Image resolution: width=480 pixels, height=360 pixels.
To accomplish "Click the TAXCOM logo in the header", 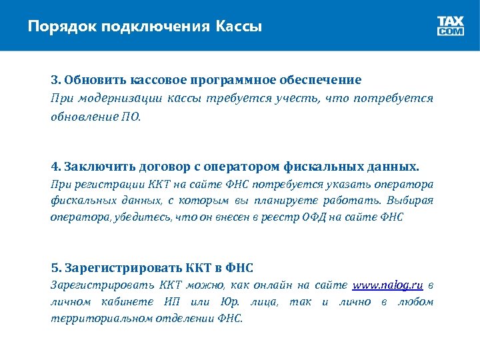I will pos(451,26).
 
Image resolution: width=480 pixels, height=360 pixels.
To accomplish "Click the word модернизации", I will pos(112,99).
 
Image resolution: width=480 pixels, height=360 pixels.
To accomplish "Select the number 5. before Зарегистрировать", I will pos(56,268).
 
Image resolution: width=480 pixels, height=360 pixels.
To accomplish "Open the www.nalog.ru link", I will pos(388,285).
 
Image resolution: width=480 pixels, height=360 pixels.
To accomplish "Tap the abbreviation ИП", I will pos(171,302).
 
